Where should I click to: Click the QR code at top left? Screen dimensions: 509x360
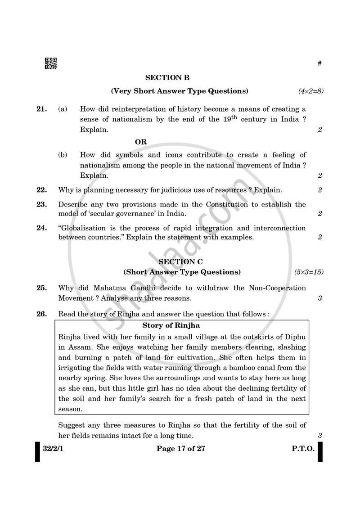[50, 64]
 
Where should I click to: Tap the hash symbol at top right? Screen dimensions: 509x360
[319, 63]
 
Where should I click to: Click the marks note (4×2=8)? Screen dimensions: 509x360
[310, 91]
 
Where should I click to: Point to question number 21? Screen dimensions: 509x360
[41, 109]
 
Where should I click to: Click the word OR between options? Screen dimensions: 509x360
[141, 142]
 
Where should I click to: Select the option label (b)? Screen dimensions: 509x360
[63, 155]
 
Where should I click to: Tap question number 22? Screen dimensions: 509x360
[41, 190]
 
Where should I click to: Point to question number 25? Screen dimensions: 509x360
[41, 288]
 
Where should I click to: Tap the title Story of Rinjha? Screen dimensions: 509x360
[171, 325]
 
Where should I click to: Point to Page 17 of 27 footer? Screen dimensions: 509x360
[181, 449]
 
